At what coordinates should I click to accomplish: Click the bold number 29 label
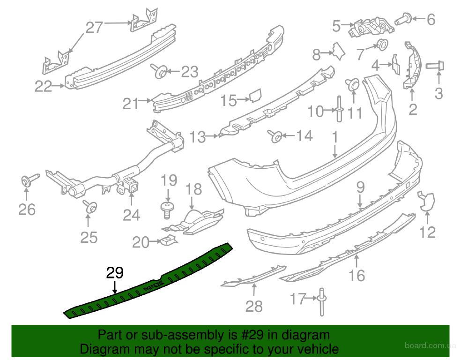(x=115, y=273)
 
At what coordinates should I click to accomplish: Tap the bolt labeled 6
(x=404, y=19)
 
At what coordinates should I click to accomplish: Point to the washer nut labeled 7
(x=382, y=45)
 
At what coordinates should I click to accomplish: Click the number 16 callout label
(x=357, y=275)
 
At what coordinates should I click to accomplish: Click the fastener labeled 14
(x=275, y=136)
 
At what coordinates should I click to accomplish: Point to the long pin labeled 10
(x=339, y=109)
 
